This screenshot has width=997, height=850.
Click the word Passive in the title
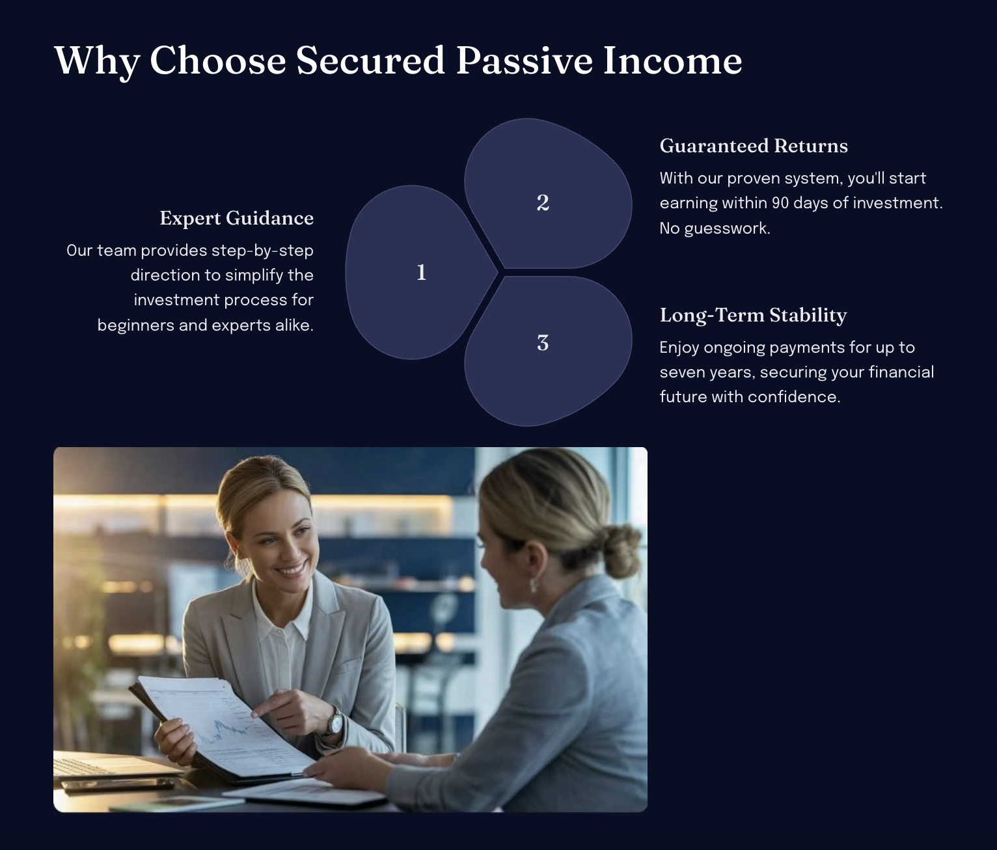click(x=524, y=61)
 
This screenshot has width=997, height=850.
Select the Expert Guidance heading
click(x=237, y=218)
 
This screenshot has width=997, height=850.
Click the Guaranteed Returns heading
click(x=754, y=146)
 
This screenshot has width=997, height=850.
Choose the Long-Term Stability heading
click(x=753, y=315)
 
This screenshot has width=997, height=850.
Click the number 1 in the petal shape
click(x=422, y=273)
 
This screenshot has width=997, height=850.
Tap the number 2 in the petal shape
click(x=543, y=202)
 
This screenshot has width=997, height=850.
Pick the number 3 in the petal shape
click(x=543, y=343)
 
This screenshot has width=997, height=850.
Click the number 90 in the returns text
click(x=780, y=203)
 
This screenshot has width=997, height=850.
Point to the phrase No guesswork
click(x=715, y=228)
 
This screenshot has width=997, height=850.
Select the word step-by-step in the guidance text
click(x=262, y=251)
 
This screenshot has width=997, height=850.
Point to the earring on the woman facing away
click(x=533, y=585)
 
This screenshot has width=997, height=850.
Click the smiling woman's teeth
click(x=291, y=571)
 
